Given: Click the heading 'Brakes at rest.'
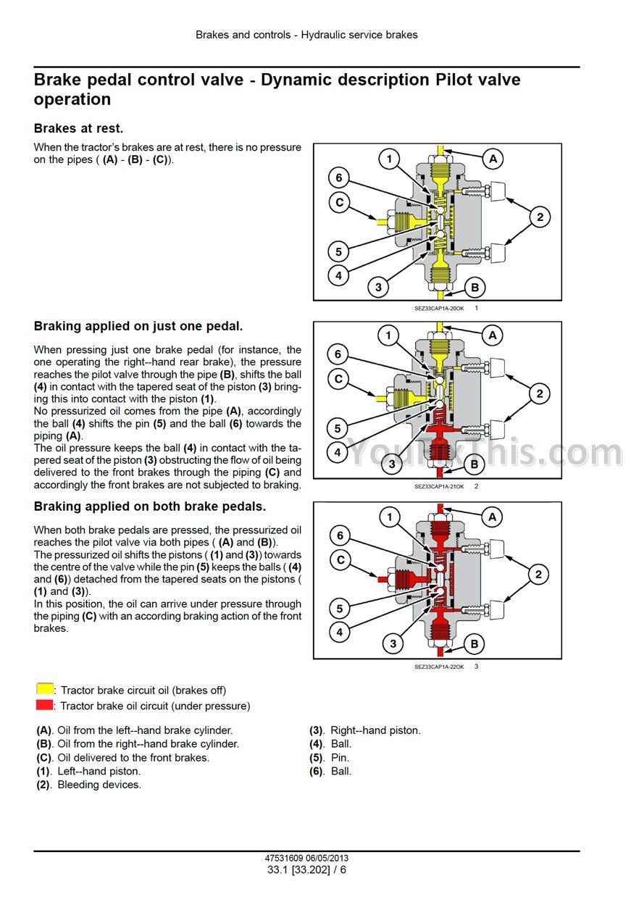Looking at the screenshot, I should click(78, 128).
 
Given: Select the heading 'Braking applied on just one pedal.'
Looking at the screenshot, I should click(138, 327).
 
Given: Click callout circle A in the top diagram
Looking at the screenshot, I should click(493, 158).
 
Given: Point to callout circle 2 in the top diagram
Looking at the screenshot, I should click(540, 216).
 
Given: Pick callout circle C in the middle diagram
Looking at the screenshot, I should click(338, 378).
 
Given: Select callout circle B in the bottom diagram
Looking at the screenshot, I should click(474, 643).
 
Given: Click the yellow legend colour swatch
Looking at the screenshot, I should click(45, 689).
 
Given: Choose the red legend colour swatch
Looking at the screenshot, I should click(45, 705).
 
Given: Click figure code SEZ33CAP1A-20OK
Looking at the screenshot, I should click(438, 309).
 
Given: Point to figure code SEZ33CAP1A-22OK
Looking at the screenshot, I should click(438, 667).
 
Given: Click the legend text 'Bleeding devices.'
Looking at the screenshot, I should click(99, 785).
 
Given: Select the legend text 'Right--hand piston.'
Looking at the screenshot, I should click(375, 730).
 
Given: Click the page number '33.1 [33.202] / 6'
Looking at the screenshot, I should click(306, 869).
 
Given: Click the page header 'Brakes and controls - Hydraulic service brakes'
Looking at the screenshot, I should click(306, 35).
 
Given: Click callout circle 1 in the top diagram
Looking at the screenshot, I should click(390, 159).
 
